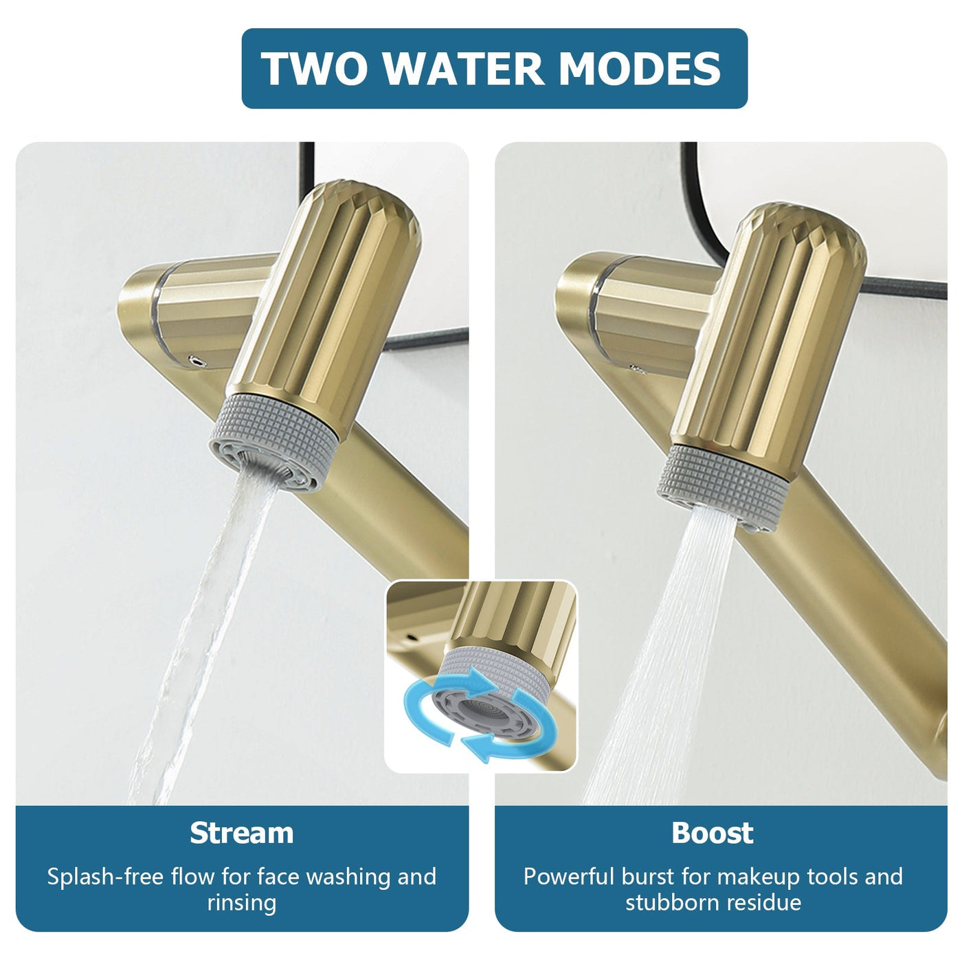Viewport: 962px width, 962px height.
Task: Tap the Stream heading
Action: [x=242, y=833]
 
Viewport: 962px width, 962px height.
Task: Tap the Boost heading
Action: [x=713, y=833]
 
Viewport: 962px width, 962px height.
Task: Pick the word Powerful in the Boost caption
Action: [x=568, y=877]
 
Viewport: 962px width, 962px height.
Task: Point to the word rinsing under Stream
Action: [x=242, y=902]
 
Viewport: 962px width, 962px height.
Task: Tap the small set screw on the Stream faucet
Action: [x=197, y=359]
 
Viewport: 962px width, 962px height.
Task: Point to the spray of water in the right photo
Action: [x=660, y=653]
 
